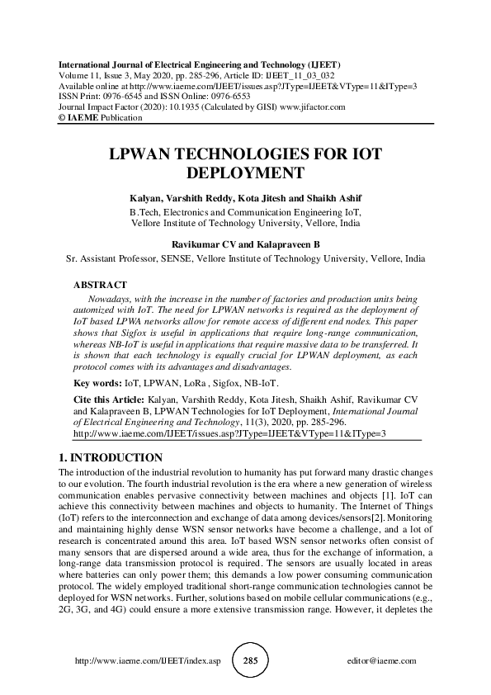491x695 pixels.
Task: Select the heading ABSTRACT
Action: point(101,284)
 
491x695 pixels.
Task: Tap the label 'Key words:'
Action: point(94,383)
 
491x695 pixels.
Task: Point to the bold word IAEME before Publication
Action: point(81,117)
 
